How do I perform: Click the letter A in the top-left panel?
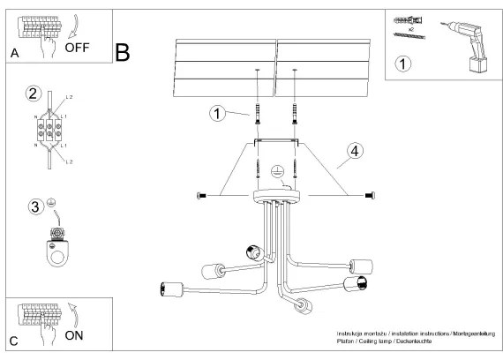click(x=14, y=53)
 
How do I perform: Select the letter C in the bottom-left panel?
click(x=13, y=341)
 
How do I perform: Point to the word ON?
click(x=76, y=335)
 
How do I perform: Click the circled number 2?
click(x=34, y=94)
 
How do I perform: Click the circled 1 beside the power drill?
click(x=402, y=64)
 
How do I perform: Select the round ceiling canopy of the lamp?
click(x=275, y=195)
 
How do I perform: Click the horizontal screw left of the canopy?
click(x=206, y=194)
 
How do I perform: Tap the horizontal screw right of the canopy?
click(x=368, y=194)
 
